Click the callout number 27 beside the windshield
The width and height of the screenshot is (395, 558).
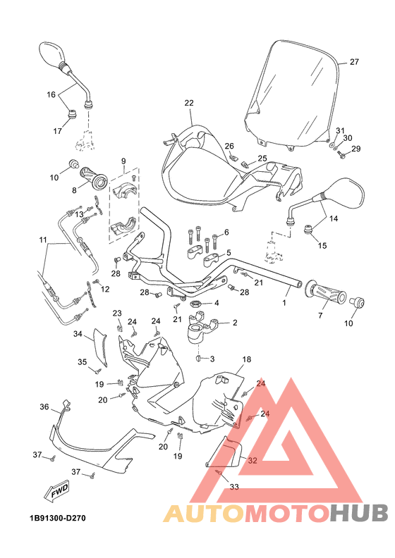point(354,62)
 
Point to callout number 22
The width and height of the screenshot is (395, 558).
point(188,103)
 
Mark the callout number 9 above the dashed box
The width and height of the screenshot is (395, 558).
point(124,161)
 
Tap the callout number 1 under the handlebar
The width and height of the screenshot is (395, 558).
point(285,303)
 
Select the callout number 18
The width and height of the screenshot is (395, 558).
point(246,359)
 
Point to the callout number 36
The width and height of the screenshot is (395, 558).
point(44,407)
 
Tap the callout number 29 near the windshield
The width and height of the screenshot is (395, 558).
point(355,149)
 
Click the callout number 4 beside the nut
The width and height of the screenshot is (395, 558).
point(216,303)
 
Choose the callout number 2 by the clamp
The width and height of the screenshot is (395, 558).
point(234,323)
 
